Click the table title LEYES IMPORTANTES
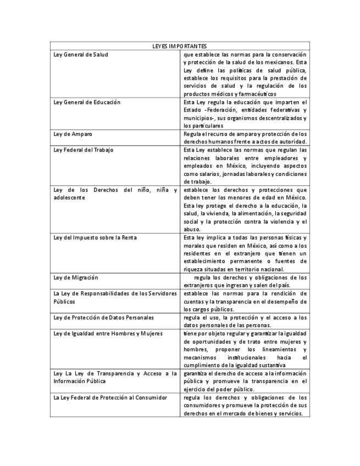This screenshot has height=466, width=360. (x=180, y=46)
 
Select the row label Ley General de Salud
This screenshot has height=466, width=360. (x=81, y=54)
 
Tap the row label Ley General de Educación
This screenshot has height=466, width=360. (x=87, y=102)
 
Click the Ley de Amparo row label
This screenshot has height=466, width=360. (x=73, y=134)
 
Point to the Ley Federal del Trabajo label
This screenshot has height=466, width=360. (x=84, y=149)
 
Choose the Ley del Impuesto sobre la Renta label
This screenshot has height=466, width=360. (x=95, y=237)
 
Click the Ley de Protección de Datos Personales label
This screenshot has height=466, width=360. (x=103, y=317)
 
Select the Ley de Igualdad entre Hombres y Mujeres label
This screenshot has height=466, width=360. (x=108, y=333)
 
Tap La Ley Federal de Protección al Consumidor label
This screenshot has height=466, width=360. (x=110, y=397)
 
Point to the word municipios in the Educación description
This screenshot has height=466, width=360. (x=198, y=118)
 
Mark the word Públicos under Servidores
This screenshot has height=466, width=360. (x=64, y=301)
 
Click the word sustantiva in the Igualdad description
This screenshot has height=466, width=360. (x=269, y=365)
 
